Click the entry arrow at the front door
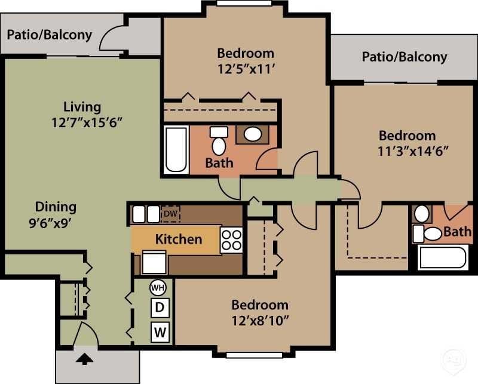point(84,358)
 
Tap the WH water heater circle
point(158,287)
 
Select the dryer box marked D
point(159,308)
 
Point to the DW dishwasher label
point(170,214)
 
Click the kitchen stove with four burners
point(231,239)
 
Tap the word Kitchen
point(178,239)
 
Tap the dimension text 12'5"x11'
point(245,69)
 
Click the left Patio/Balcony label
point(49,34)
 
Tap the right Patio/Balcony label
point(404,57)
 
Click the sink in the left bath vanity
point(253,134)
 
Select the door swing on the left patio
point(114,38)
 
